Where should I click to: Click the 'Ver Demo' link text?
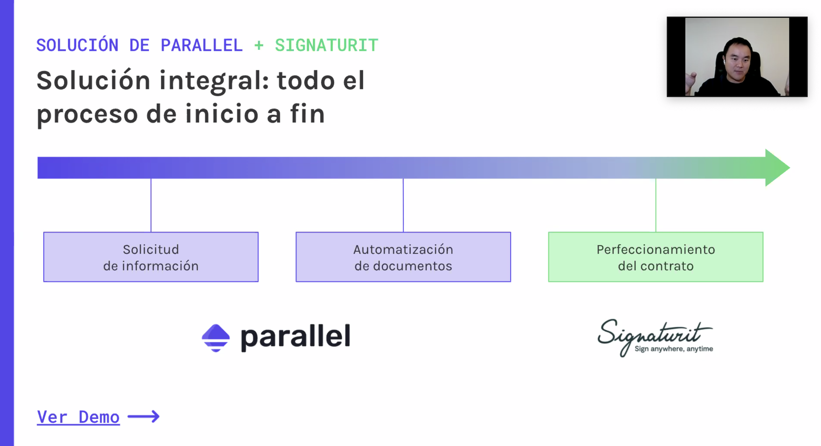tap(78, 417)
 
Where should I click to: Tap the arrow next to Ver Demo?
tap(144, 416)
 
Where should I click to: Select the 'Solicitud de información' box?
tap(151, 257)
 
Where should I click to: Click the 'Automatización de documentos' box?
tap(403, 257)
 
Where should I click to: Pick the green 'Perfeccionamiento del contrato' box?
tap(656, 257)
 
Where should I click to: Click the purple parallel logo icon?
tap(216, 338)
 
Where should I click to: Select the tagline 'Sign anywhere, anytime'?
tap(674, 349)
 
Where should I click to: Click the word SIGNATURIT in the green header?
tap(326, 45)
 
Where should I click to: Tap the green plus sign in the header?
tap(259, 45)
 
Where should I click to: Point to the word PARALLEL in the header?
tap(202, 45)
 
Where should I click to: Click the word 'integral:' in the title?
tap(214, 81)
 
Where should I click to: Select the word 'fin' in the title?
tap(307, 114)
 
